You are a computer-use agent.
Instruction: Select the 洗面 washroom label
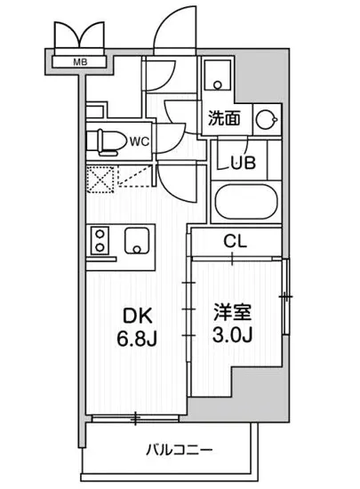(223, 116)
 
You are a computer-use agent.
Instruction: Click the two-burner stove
(100, 240)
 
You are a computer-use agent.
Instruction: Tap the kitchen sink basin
(137, 240)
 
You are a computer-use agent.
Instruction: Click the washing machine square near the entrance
(216, 76)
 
